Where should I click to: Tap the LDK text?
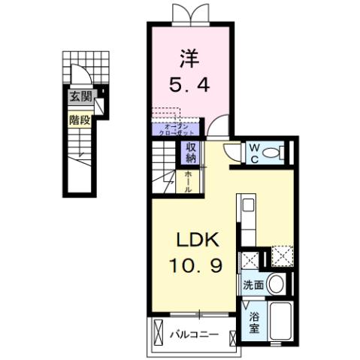pyautogui.click(x=197, y=241)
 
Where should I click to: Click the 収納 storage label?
pyautogui.click(x=191, y=153)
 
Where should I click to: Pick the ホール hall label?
pyautogui.click(x=188, y=181)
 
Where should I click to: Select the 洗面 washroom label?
pyautogui.click(x=253, y=286)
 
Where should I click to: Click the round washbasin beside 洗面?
pyautogui.click(x=275, y=285)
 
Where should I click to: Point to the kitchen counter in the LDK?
pyautogui.click(x=249, y=221)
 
